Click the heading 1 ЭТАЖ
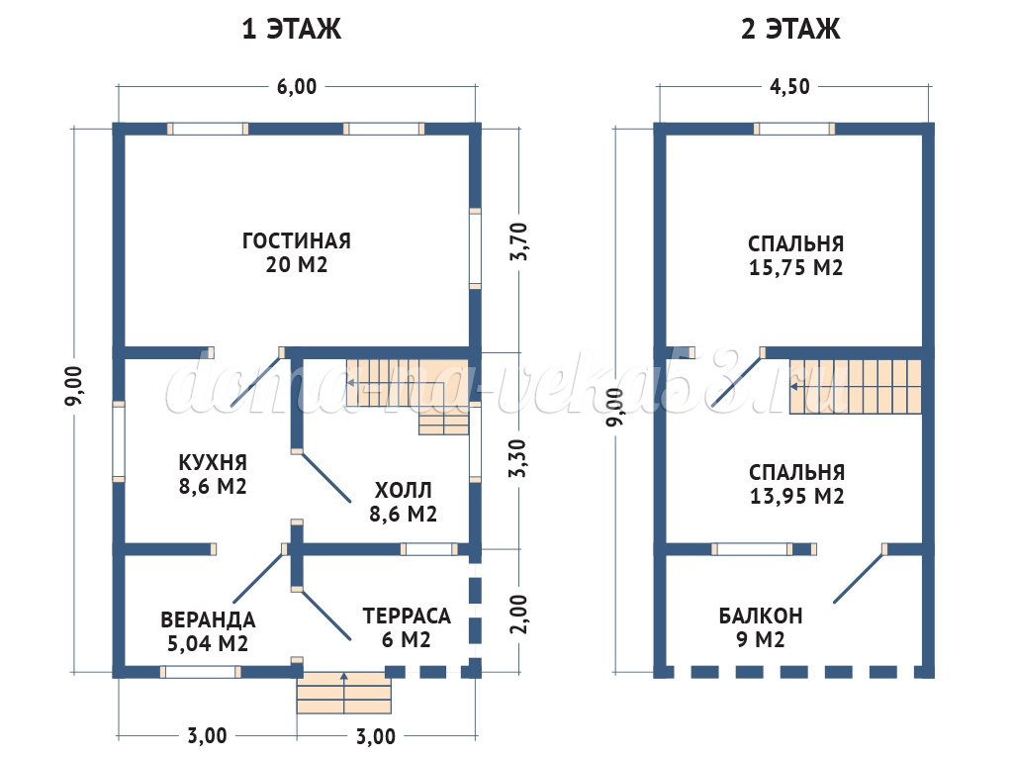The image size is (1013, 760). [292, 29]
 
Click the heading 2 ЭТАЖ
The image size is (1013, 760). [790, 29]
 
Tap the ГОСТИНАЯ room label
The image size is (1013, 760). [297, 241]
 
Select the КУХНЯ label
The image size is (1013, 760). [213, 463]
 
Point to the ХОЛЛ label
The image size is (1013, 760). [404, 491]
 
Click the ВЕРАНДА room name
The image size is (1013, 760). [208, 620]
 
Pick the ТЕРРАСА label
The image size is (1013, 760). [407, 616]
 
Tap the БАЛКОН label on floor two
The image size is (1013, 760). [761, 616]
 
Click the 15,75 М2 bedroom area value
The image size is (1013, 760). [796, 268]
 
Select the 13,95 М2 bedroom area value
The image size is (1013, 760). [796, 497]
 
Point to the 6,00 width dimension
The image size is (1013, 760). [297, 87]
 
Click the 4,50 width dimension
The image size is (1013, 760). [789, 87]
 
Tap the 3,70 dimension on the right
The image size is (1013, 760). [518, 241]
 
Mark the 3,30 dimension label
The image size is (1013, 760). [517, 458]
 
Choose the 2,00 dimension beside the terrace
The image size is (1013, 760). [518, 615]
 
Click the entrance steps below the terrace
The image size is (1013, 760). [343, 692]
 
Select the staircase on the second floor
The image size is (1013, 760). [856, 387]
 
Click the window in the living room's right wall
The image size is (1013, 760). [475, 248]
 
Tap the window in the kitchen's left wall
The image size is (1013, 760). [119, 441]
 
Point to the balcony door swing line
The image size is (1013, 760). [859, 575]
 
